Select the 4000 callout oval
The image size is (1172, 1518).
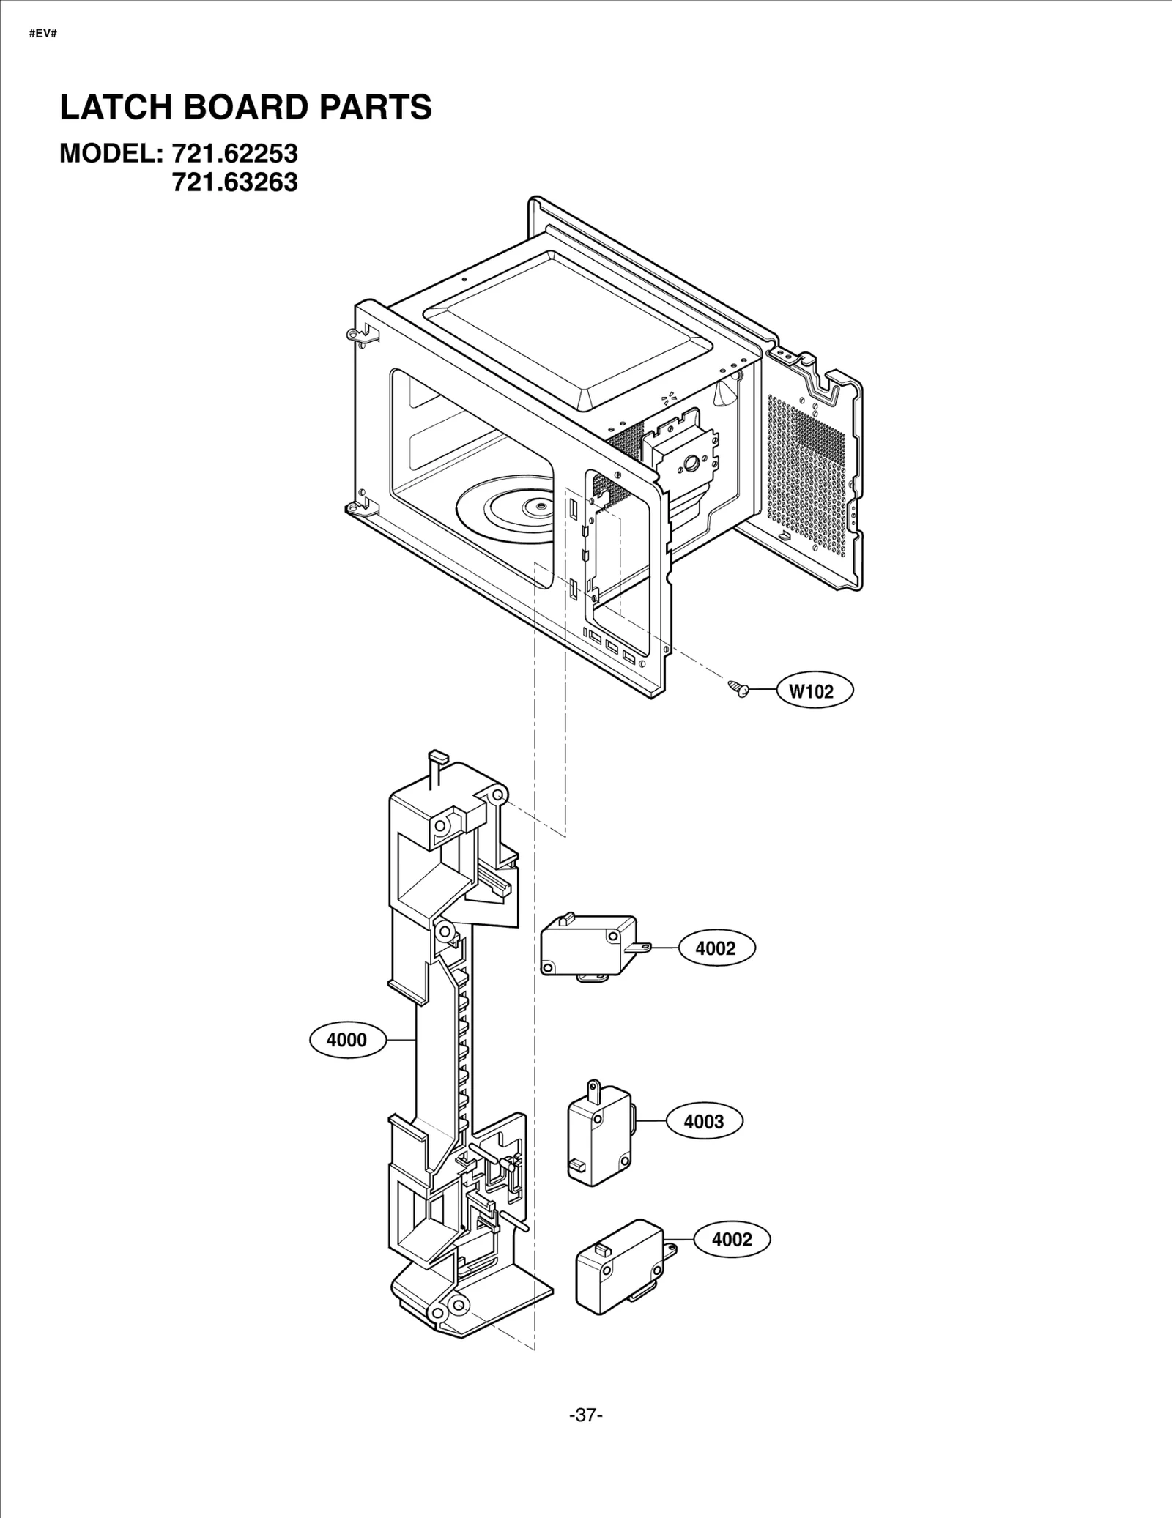coord(347,1040)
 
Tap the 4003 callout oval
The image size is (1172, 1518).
coord(704,1120)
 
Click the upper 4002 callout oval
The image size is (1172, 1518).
coord(716,948)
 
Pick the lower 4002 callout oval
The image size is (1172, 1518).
coord(732,1239)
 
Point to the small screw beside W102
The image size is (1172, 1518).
coord(738,688)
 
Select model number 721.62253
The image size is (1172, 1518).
coord(234,154)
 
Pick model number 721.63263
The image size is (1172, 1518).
coord(234,182)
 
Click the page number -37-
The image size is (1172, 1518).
coord(585,1415)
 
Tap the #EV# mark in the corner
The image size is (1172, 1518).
coord(42,34)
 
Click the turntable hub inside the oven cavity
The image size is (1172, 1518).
coord(539,505)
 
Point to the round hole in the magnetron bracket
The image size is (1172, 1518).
coord(689,464)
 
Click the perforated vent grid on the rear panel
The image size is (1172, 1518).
coord(806,469)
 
